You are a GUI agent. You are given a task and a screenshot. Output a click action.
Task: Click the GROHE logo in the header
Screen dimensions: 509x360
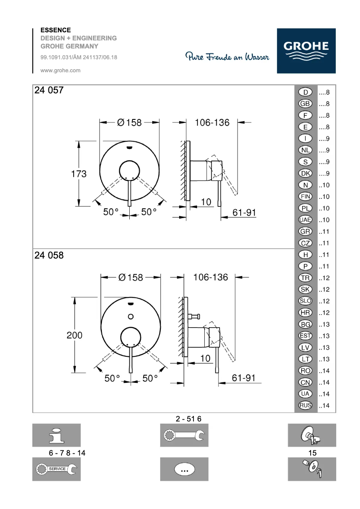coord(306,51)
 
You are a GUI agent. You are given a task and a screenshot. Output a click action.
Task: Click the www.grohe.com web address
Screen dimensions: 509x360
coord(61,70)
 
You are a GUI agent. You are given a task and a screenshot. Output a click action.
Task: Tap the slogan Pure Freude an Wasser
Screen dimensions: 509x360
coord(228,57)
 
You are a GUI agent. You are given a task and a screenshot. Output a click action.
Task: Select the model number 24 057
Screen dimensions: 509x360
coord(49,90)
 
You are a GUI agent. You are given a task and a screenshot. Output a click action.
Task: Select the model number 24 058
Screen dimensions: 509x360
coord(49,255)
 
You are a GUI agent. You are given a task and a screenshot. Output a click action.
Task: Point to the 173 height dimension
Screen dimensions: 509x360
coord(79,174)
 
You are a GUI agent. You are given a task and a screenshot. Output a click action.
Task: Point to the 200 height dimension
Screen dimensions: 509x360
coord(75,335)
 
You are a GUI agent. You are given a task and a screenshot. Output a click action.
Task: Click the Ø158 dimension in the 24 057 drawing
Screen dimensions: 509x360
coord(129,122)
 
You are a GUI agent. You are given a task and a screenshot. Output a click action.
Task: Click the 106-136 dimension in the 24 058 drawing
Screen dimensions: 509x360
coord(211,277)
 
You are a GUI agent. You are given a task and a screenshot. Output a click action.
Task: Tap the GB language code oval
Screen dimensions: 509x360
coord(305,104)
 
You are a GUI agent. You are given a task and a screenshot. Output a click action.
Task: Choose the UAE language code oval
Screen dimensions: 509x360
coord(305,220)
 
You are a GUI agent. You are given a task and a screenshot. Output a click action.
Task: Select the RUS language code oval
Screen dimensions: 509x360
coord(305,406)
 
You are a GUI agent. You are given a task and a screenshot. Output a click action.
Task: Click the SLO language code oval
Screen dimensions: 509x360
coord(305,301)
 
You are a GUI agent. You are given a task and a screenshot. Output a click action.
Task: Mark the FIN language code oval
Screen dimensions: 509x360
coord(305,197)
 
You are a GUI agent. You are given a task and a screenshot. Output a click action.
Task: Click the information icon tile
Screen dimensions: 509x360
coord(56,435)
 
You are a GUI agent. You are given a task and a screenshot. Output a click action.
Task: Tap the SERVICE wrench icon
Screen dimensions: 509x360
coord(56,469)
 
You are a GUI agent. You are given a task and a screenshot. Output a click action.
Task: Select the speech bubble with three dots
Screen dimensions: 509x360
coord(184,470)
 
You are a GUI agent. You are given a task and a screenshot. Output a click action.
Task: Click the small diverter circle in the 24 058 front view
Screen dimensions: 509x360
coord(131,316)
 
